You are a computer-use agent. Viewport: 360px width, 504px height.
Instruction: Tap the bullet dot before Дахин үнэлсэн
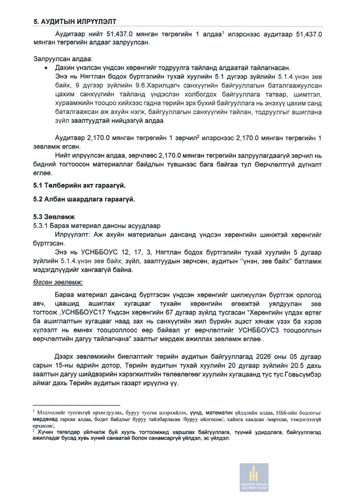[x=46, y=67]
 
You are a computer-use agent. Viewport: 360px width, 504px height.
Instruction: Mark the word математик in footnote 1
[x=207, y=411]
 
